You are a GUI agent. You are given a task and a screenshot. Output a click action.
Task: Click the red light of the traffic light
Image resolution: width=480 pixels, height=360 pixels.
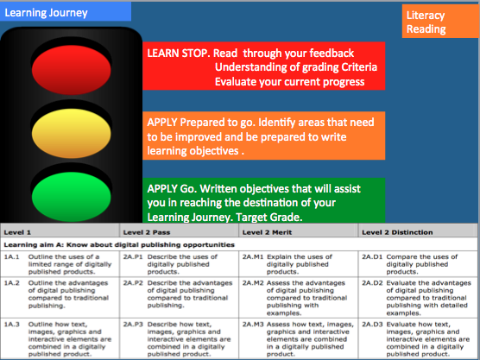click(x=72, y=70)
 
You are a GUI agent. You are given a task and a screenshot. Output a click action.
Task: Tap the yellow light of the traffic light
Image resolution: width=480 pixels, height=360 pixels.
click(x=72, y=133)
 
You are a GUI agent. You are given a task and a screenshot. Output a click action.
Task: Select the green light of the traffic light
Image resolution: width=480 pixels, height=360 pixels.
click(x=72, y=197)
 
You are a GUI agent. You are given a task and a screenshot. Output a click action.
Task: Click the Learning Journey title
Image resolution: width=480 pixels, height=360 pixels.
click(x=46, y=13)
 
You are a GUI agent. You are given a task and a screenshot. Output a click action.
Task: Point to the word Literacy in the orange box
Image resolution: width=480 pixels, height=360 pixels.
click(x=426, y=16)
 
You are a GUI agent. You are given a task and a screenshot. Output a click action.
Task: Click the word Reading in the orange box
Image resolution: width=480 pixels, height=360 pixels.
click(x=426, y=29)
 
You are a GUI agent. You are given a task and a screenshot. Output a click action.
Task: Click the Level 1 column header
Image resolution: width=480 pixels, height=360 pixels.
click(x=17, y=232)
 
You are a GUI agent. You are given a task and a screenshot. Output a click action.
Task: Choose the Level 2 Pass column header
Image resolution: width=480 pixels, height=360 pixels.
click(x=147, y=232)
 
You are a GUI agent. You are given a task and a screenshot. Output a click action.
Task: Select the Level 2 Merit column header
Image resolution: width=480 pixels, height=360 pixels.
click(x=267, y=232)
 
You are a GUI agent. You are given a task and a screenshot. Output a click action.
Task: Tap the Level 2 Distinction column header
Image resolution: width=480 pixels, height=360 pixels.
click(x=397, y=232)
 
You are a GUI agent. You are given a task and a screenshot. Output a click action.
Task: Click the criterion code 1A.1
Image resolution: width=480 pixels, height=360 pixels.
click(x=11, y=257)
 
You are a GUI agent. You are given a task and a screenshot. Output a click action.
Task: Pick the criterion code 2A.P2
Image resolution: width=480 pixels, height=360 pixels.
click(x=133, y=283)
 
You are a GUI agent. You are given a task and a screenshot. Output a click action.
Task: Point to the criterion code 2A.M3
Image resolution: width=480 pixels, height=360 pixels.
click(x=253, y=325)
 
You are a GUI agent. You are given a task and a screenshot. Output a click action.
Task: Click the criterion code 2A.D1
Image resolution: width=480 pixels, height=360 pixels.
click(x=372, y=257)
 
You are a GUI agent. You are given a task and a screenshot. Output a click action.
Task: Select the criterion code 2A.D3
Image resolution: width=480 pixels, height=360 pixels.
click(x=372, y=325)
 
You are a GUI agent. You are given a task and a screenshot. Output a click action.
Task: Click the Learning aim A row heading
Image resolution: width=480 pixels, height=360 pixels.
click(x=119, y=245)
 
